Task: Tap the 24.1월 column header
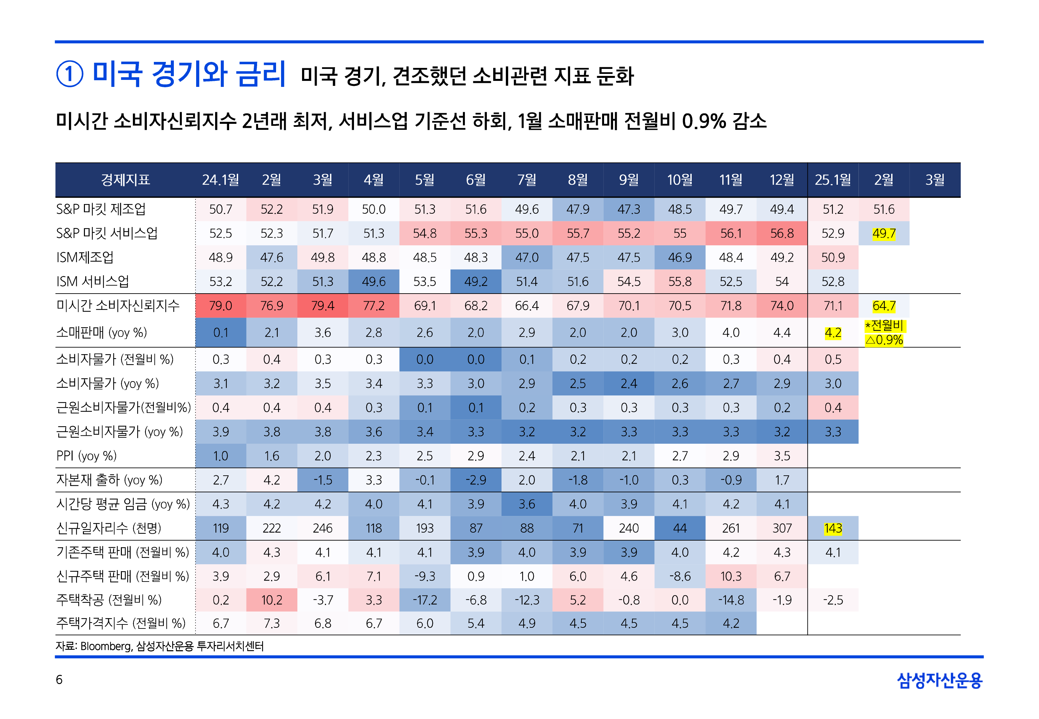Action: pyautogui.click(x=220, y=180)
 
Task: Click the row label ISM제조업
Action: pyautogui.click(x=85, y=257)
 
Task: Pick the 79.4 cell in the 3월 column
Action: pyautogui.click(x=323, y=306)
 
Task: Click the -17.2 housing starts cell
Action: pyautogui.click(x=425, y=600)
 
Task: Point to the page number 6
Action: pyautogui.click(x=59, y=679)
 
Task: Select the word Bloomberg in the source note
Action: pyautogui.click(x=106, y=646)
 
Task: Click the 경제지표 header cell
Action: pyautogui.click(x=125, y=180)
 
